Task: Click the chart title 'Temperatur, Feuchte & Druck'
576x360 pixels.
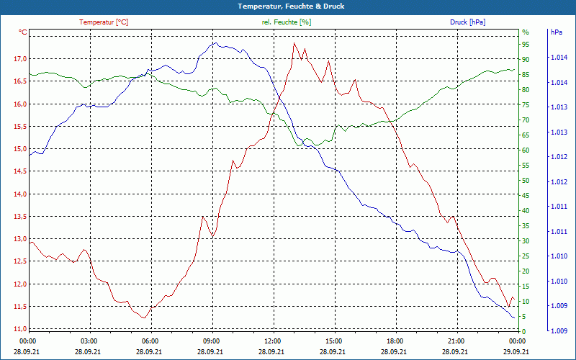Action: [x=287, y=6]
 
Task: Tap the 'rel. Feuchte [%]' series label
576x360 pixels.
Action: [x=287, y=22]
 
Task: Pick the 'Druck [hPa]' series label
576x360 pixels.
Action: [x=467, y=22]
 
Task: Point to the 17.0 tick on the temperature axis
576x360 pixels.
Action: [x=20, y=59]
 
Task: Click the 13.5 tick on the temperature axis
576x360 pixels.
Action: [x=20, y=217]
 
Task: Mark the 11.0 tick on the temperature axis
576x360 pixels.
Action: [x=20, y=329]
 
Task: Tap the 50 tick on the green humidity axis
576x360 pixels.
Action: [x=526, y=181]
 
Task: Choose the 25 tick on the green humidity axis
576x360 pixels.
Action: [x=526, y=256]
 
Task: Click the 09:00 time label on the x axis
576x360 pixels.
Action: [x=211, y=341]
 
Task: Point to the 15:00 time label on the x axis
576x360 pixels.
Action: [x=333, y=341]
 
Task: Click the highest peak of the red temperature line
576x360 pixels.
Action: [x=294, y=43]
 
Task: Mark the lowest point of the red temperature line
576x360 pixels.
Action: [x=145, y=318]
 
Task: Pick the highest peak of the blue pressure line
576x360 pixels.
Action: [x=214, y=43]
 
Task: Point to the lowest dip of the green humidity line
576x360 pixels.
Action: [x=298, y=146]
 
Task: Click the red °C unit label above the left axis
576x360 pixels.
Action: [x=23, y=32]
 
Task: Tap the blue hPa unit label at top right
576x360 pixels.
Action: [x=556, y=32]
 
